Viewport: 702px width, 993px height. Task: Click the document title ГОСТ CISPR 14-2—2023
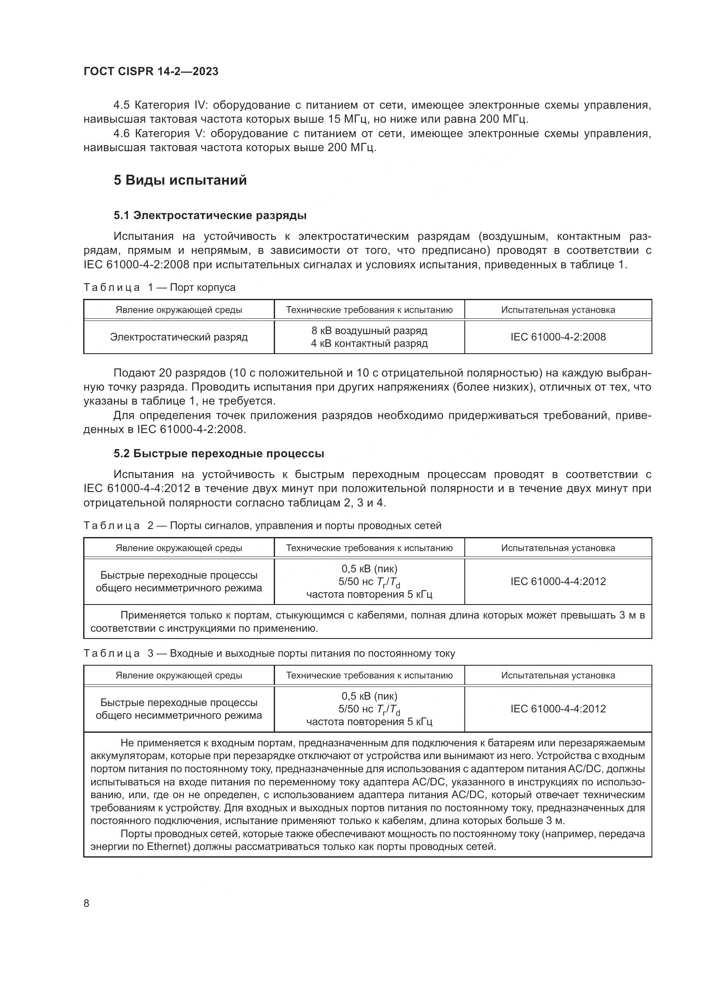pyautogui.click(x=151, y=71)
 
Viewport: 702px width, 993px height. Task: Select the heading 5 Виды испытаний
pyautogui.click(x=180, y=180)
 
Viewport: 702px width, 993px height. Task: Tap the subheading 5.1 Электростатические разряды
pyautogui.click(x=210, y=215)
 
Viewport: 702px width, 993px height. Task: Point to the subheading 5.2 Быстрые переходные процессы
pyautogui.click(x=219, y=453)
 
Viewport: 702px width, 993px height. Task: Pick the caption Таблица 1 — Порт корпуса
pyautogui.click(x=159, y=287)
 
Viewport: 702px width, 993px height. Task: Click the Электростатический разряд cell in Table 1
pyautogui.click(x=179, y=337)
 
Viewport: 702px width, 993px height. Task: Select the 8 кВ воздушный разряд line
pyautogui.click(x=369, y=331)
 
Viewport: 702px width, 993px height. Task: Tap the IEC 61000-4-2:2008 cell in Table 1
pyautogui.click(x=558, y=337)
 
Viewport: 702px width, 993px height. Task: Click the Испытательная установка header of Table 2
pyautogui.click(x=558, y=548)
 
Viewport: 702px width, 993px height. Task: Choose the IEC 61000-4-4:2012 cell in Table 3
pyautogui.click(x=558, y=709)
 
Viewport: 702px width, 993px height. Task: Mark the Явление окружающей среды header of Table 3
pyautogui.click(x=179, y=675)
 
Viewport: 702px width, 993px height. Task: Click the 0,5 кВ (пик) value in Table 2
pyautogui.click(x=369, y=569)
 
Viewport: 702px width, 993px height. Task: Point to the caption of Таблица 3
pyautogui.click(x=269, y=653)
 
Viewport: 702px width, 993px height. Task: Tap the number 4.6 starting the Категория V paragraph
pyautogui.click(x=121, y=134)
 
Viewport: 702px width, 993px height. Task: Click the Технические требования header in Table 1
pyautogui.click(x=369, y=309)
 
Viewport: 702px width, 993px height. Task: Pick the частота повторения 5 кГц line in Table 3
pyautogui.click(x=369, y=721)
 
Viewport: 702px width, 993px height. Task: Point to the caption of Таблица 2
pyautogui.click(x=262, y=526)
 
